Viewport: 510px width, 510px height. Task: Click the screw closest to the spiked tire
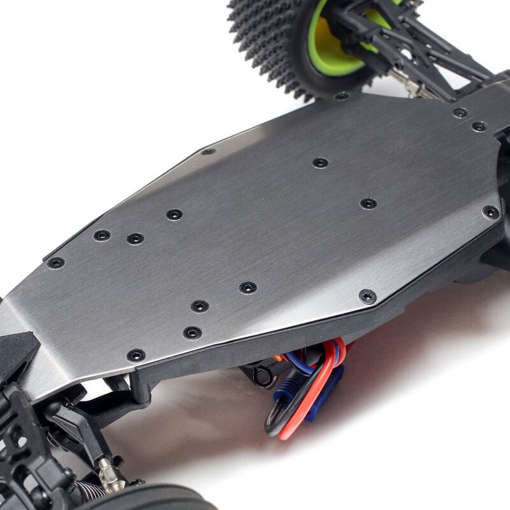point(342,96)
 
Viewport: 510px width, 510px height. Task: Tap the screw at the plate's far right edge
point(490,212)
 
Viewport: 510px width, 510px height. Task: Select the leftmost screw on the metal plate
point(56,263)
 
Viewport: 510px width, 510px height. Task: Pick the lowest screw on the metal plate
point(136,356)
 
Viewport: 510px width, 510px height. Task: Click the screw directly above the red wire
point(367,296)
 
